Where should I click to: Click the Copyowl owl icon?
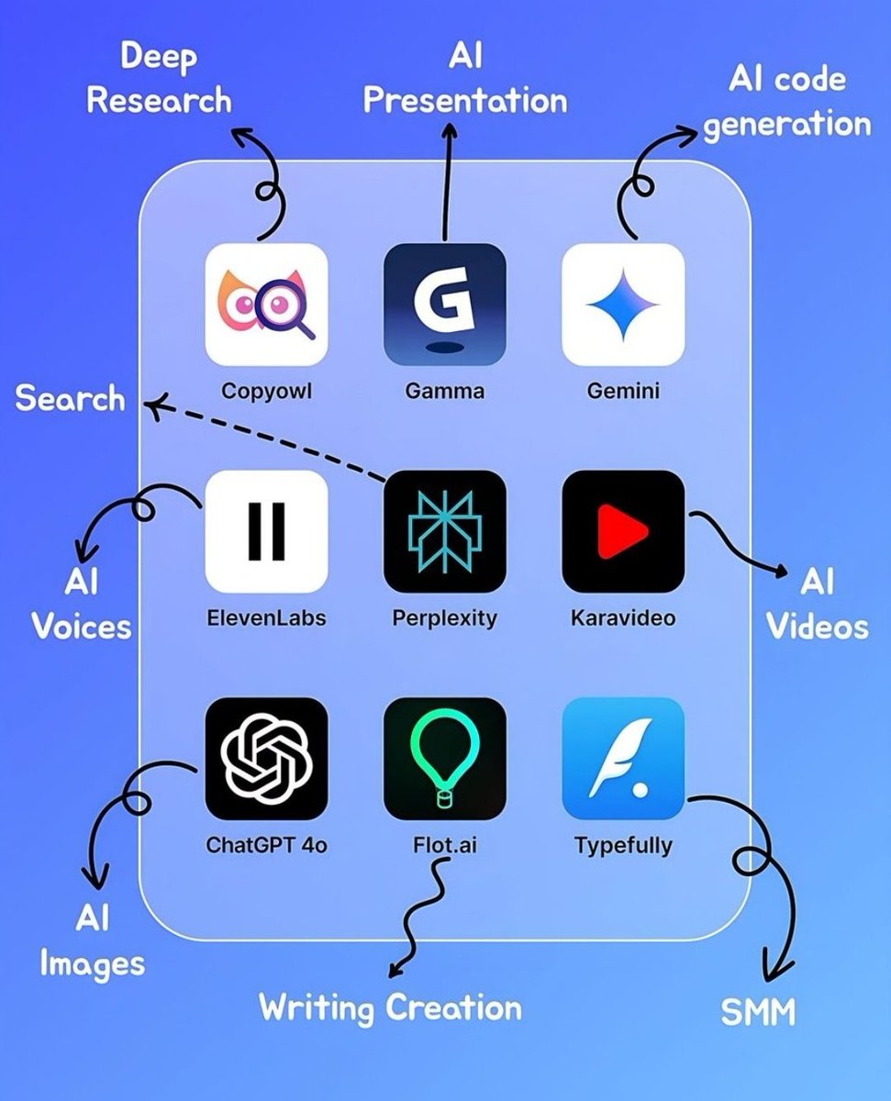pyautogui.click(x=266, y=304)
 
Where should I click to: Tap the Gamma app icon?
pyautogui.click(x=444, y=304)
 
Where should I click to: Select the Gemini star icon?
pyautogui.click(x=623, y=304)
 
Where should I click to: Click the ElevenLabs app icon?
pyautogui.click(x=266, y=531)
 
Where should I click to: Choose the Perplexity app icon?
pyautogui.click(x=444, y=531)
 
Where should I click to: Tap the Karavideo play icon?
pyautogui.click(x=623, y=531)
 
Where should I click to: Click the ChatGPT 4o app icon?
pyautogui.click(x=266, y=758)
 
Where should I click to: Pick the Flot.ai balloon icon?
pyautogui.click(x=444, y=758)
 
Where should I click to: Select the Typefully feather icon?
pyautogui.click(x=623, y=758)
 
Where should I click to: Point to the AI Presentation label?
pyautogui.click(x=465, y=80)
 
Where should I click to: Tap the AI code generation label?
pyautogui.click(x=786, y=101)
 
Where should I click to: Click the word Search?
pyautogui.click(x=70, y=399)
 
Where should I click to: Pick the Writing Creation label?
pyautogui.click(x=390, y=1007)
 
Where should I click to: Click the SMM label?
pyautogui.click(x=758, y=1012)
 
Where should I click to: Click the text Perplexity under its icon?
pyautogui.click(x=444, y=617)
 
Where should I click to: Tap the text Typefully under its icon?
pyautogui.click(x=623, y=844)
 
